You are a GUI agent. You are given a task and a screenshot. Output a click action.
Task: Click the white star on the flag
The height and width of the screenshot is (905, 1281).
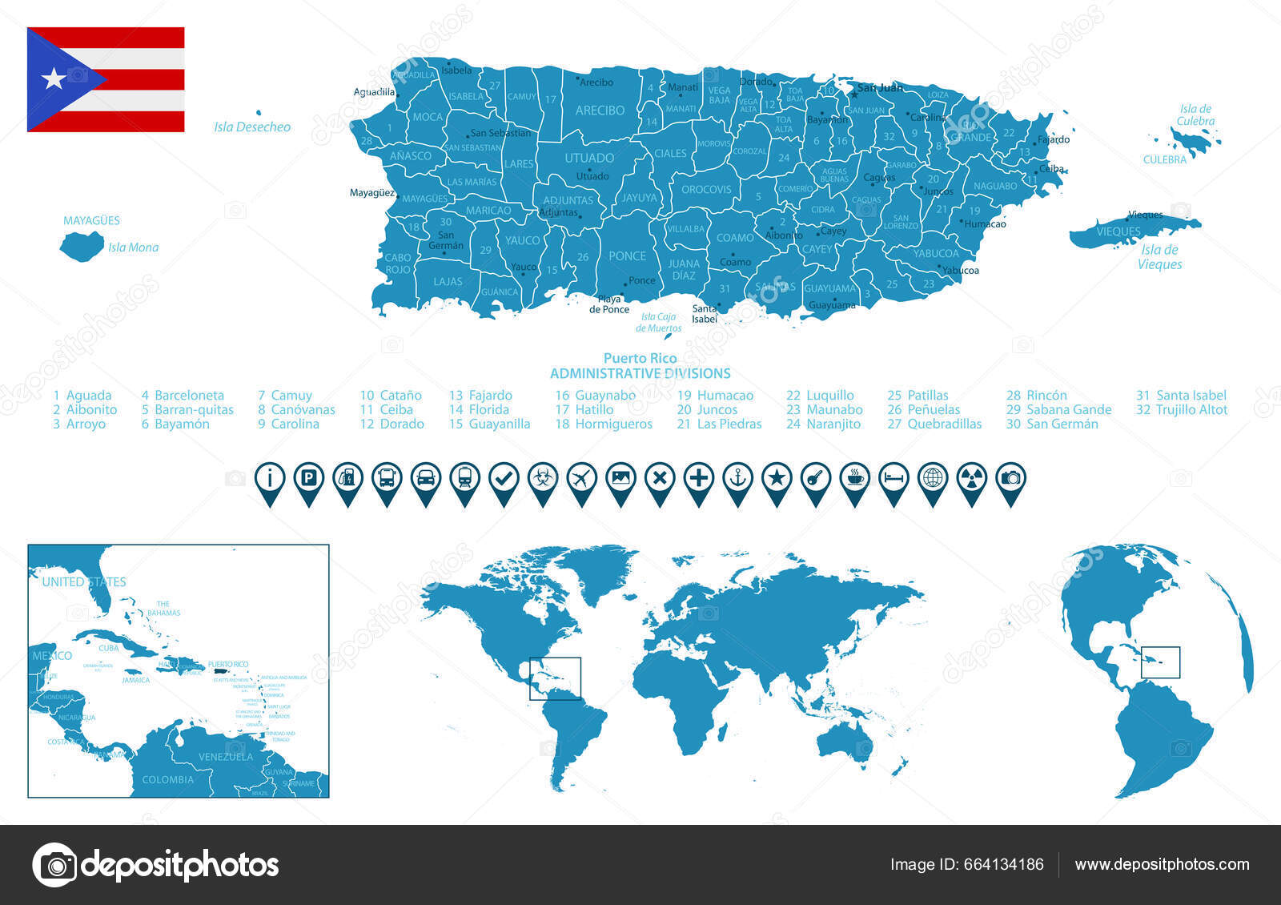click(54, 78)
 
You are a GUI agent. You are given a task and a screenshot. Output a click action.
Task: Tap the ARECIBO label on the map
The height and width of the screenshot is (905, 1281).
click(600, 111)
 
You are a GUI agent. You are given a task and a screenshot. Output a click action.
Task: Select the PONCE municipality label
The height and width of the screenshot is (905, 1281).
click(627, 256)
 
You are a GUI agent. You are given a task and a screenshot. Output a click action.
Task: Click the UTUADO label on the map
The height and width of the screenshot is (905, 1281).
click(589, 159)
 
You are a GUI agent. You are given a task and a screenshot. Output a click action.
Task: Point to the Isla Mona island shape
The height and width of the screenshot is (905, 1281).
click(81, 246)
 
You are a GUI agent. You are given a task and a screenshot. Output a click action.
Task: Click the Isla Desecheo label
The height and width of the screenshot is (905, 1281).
click(252, 127)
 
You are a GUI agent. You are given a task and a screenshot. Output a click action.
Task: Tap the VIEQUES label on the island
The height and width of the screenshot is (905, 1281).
click(1118, 231)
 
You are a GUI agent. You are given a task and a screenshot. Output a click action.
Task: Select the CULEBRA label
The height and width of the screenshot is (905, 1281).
click(1165, 160)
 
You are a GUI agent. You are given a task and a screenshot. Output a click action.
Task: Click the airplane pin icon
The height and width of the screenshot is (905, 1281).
click(582, 479)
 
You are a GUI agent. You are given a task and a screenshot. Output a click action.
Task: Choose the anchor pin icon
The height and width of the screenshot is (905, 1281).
click(737, 479)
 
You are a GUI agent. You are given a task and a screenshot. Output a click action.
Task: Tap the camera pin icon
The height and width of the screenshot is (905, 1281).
click(1010, 479)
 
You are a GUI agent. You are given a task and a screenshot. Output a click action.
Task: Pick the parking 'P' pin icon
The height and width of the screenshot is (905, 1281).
click(309, 479)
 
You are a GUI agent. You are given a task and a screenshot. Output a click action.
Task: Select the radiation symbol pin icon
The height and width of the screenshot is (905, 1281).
click(972, 479)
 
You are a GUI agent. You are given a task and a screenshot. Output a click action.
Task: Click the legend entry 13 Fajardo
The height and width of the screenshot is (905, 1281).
click(480, 396)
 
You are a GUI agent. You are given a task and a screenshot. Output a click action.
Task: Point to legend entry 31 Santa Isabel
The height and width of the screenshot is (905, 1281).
click(1181, 396)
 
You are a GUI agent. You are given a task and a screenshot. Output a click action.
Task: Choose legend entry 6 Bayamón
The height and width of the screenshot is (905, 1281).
click(175, 424)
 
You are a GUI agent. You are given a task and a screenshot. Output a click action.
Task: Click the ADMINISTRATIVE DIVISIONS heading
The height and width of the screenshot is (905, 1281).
click(640, 374)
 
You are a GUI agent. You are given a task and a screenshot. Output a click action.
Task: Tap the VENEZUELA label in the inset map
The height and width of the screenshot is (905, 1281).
click(226, 757)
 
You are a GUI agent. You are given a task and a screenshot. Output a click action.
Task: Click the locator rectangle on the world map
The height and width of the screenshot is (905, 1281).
click(555, 678)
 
